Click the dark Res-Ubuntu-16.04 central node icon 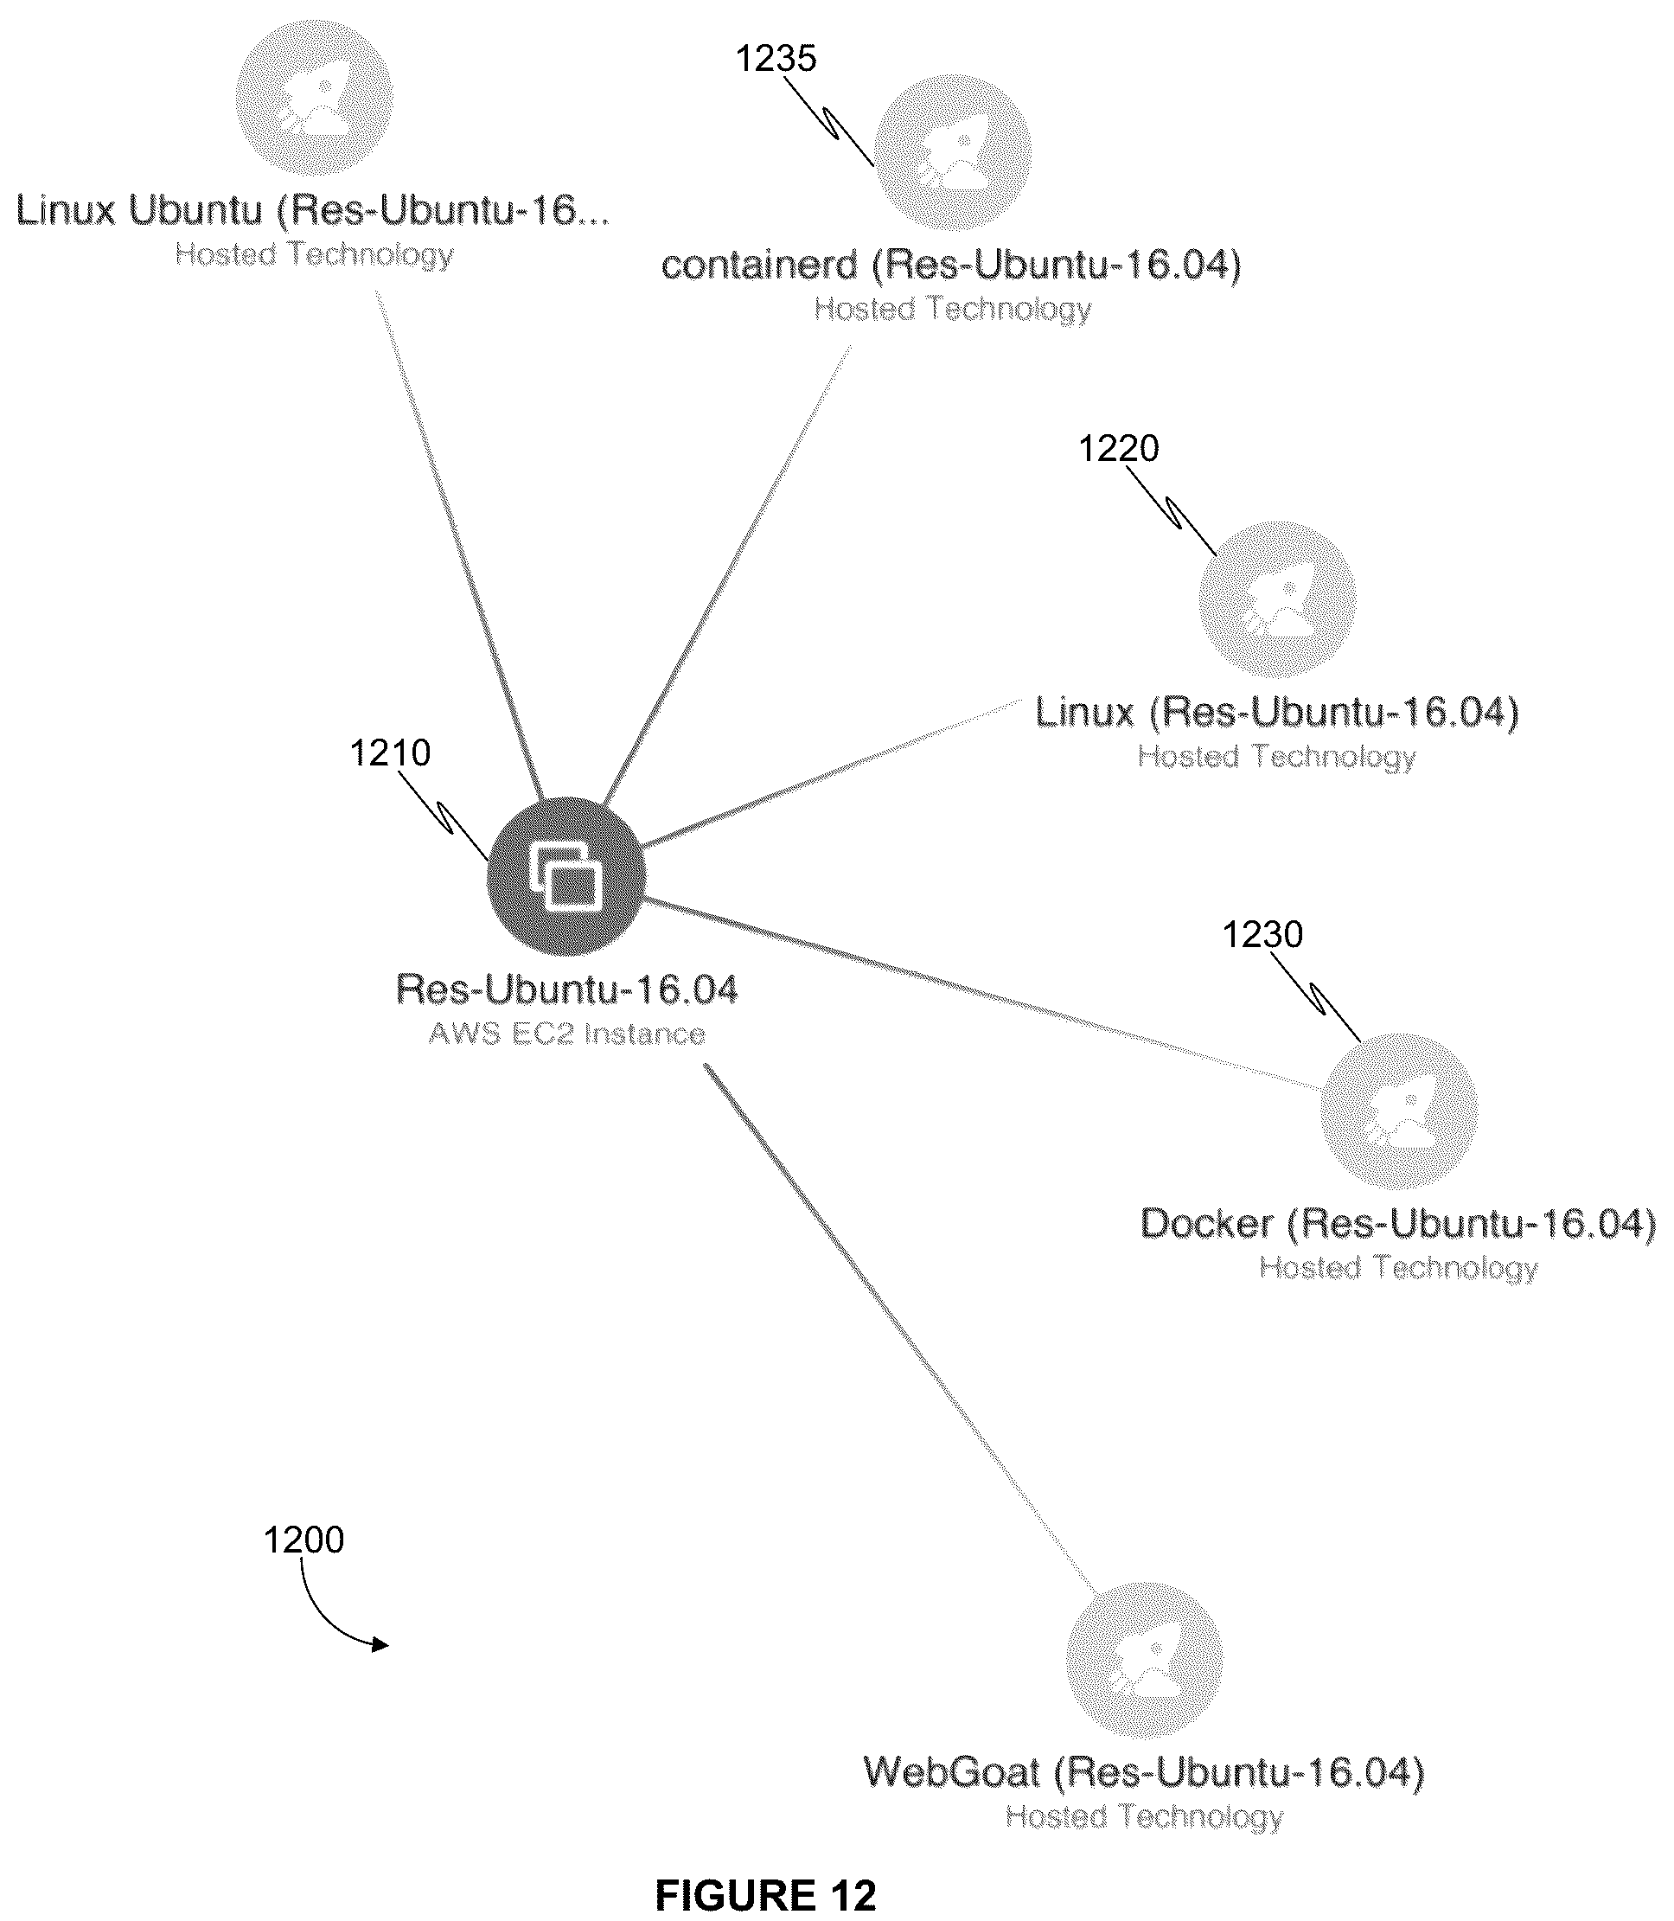[x=566, y=876]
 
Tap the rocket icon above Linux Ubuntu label [x=314, y=96]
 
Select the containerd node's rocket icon [x=953, y=151]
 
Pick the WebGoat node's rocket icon [x=1144, y=1661]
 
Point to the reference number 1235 [x=776, y=58]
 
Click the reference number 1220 [x=1119, y=449]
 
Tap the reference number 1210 [x=391, y=752]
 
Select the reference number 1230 [x=1263, y=934]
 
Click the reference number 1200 [x=303, y=1540]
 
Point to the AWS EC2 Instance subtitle [x=567, y=1034]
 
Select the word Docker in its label [x=1207, y=1224]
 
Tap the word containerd [x=759, y=266]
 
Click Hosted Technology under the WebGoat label [x=1144, y=1817]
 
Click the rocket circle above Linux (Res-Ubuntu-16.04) [x=1277, y=600]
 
